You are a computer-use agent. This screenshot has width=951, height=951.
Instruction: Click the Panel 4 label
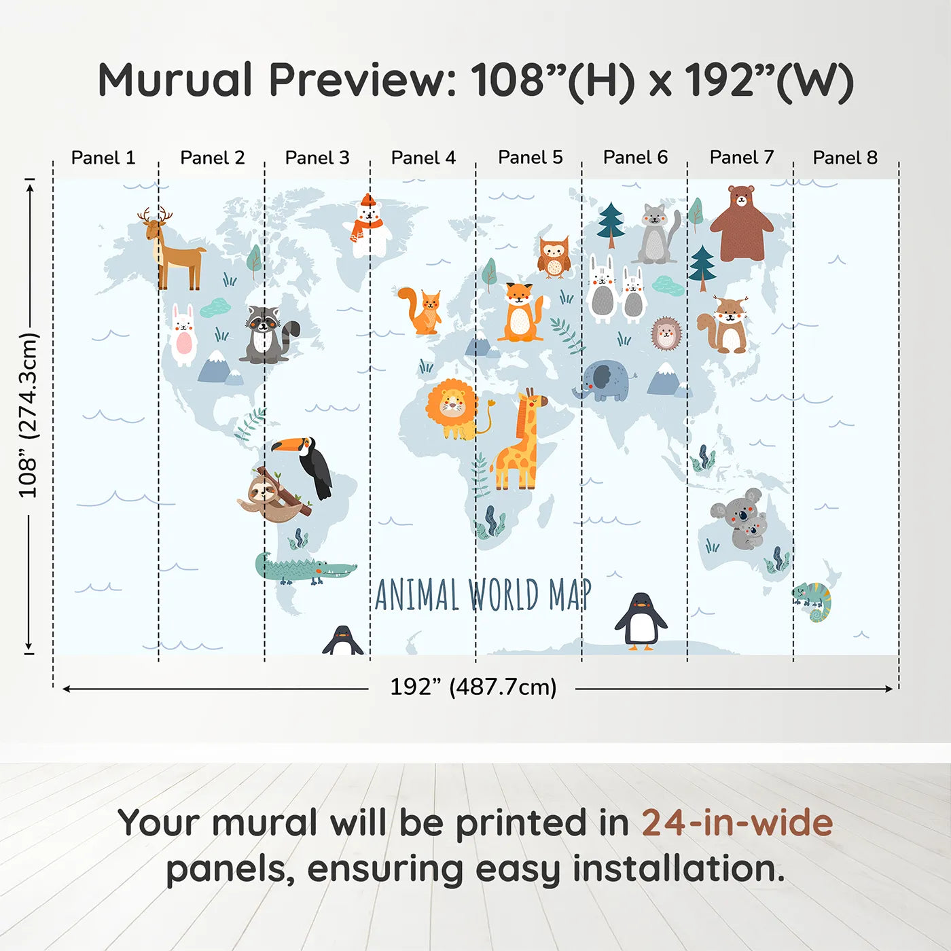point(423,158)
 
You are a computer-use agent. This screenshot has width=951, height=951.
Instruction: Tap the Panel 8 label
point(845,158)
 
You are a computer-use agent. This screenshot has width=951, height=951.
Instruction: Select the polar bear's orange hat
point(367,200)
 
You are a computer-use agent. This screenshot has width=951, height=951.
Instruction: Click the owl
point(554,257)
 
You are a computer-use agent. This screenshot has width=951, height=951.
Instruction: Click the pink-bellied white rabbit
point(183,336)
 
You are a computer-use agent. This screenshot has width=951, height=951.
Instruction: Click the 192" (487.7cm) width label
point(473,687)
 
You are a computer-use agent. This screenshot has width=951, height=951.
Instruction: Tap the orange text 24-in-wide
point(737,823)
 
